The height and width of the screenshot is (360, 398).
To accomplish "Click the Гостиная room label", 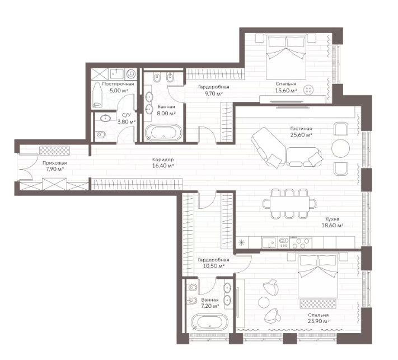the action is pos(301,129).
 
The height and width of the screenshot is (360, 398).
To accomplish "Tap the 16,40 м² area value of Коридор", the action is pos(163,166).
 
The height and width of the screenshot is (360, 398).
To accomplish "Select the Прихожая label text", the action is pos(54,163).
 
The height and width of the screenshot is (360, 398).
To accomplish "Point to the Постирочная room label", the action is pos(118,84).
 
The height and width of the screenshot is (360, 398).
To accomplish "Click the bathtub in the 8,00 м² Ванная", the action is pos(163,132).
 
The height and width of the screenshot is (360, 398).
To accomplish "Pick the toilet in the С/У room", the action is pos(101,134).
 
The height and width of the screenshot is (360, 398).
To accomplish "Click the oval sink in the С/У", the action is pos(105,118).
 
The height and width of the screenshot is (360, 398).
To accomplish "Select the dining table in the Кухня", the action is pos(289,204).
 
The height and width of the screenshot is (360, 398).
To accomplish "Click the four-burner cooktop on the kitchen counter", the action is pos(301,242).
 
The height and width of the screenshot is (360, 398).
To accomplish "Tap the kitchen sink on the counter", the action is pos(269,242).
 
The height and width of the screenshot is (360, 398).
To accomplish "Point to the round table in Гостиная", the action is pos(341,148).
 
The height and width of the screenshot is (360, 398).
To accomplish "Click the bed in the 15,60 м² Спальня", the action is pos(286,57).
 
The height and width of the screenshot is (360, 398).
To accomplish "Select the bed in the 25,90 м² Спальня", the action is pos(319,275).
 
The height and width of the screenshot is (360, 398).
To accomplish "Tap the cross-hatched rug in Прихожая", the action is pos(54,151).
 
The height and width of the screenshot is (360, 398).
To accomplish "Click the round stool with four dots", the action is pos(309,90).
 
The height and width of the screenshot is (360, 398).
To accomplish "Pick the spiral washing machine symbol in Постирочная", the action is pos(131,74).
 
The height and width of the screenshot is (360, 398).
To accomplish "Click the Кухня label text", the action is pos(333,219).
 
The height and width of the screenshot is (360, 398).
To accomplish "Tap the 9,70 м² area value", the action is pos(214,93).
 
